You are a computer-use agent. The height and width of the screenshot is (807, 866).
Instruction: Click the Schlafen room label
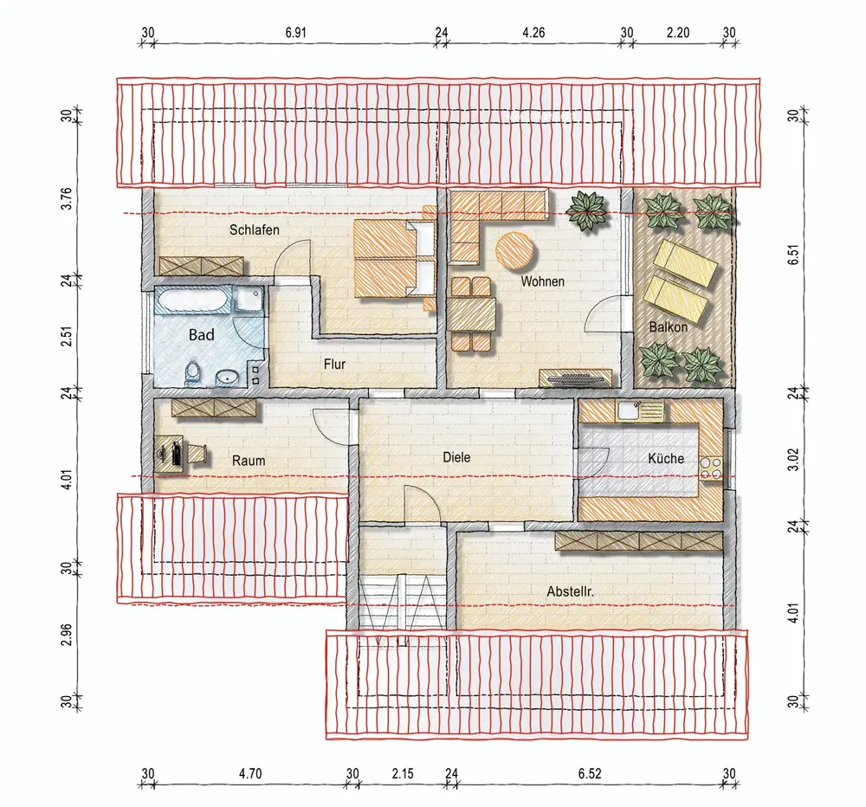pyautogui.click(x=254, y=229)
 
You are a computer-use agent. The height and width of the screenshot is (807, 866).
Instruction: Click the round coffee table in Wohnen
pyautogui.click(x=515, y=251)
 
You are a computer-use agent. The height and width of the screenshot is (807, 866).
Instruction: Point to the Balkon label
pyautogui.click(x=669, y=327)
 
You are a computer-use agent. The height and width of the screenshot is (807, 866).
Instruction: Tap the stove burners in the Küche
pyautogui.click(x=711, y=468)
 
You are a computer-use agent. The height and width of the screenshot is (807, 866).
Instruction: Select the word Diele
pyautogui.click(x=456, y=457)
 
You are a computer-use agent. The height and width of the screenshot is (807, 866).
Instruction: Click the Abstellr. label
pyautogui.click(x=571, y=591)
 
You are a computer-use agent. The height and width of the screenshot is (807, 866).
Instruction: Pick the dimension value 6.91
pyautogui.click(x=295, y=33)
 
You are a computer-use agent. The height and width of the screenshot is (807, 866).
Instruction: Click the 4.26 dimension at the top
pyautogui.click(x=533, y=33)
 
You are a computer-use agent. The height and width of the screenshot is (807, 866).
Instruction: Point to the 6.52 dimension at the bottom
pyautogui.click(x=590, y=774)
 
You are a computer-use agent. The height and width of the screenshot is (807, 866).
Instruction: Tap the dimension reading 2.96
pyautogui.click(x=67, y=635)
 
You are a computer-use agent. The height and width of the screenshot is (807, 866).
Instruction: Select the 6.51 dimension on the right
pyautogui.click(x=793, y=255)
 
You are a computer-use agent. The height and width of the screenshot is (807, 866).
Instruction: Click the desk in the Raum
pyautogui.click(x=171, y=453)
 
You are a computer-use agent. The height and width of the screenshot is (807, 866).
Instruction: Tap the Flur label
pyautogui.click(x=334, y=364)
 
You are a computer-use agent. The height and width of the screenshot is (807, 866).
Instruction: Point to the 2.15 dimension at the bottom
pyautogui.click(x=403, y=774)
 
